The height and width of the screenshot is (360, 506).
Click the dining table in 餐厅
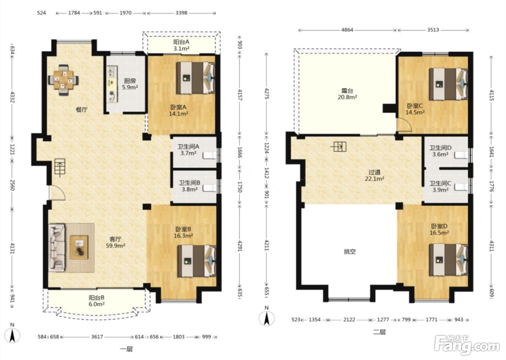click(x=64, y=80)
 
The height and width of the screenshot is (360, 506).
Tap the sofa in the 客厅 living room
click(x=57, y=248)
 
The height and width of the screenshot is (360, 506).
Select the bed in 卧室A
click(x=196, y=78)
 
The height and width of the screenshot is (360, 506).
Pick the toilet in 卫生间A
click(x=210, y=155)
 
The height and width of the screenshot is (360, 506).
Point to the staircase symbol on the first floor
click(x=60, y=167)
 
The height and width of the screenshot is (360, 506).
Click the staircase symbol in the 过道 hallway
click(x=339, y=147)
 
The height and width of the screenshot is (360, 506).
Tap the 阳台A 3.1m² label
click(x=181, y=45)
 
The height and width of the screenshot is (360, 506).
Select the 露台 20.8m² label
click(x=347, y=94)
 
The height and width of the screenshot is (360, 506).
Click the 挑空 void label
click(x=350, y=252)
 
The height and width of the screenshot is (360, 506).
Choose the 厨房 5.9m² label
click(x=130, y=84)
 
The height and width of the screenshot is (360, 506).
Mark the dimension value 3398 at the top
click(x=181, y=13)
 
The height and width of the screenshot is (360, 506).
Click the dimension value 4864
click(x=347, y=30)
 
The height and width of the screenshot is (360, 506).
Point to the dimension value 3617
click(x=97, y=337)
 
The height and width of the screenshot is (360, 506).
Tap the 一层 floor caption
click(x=126, y=349)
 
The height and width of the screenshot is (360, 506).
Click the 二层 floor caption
click(x=379, y=332)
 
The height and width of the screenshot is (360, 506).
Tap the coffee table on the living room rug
click(x=79, y=247)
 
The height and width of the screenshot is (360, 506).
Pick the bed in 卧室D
click(x=449, y=260)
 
